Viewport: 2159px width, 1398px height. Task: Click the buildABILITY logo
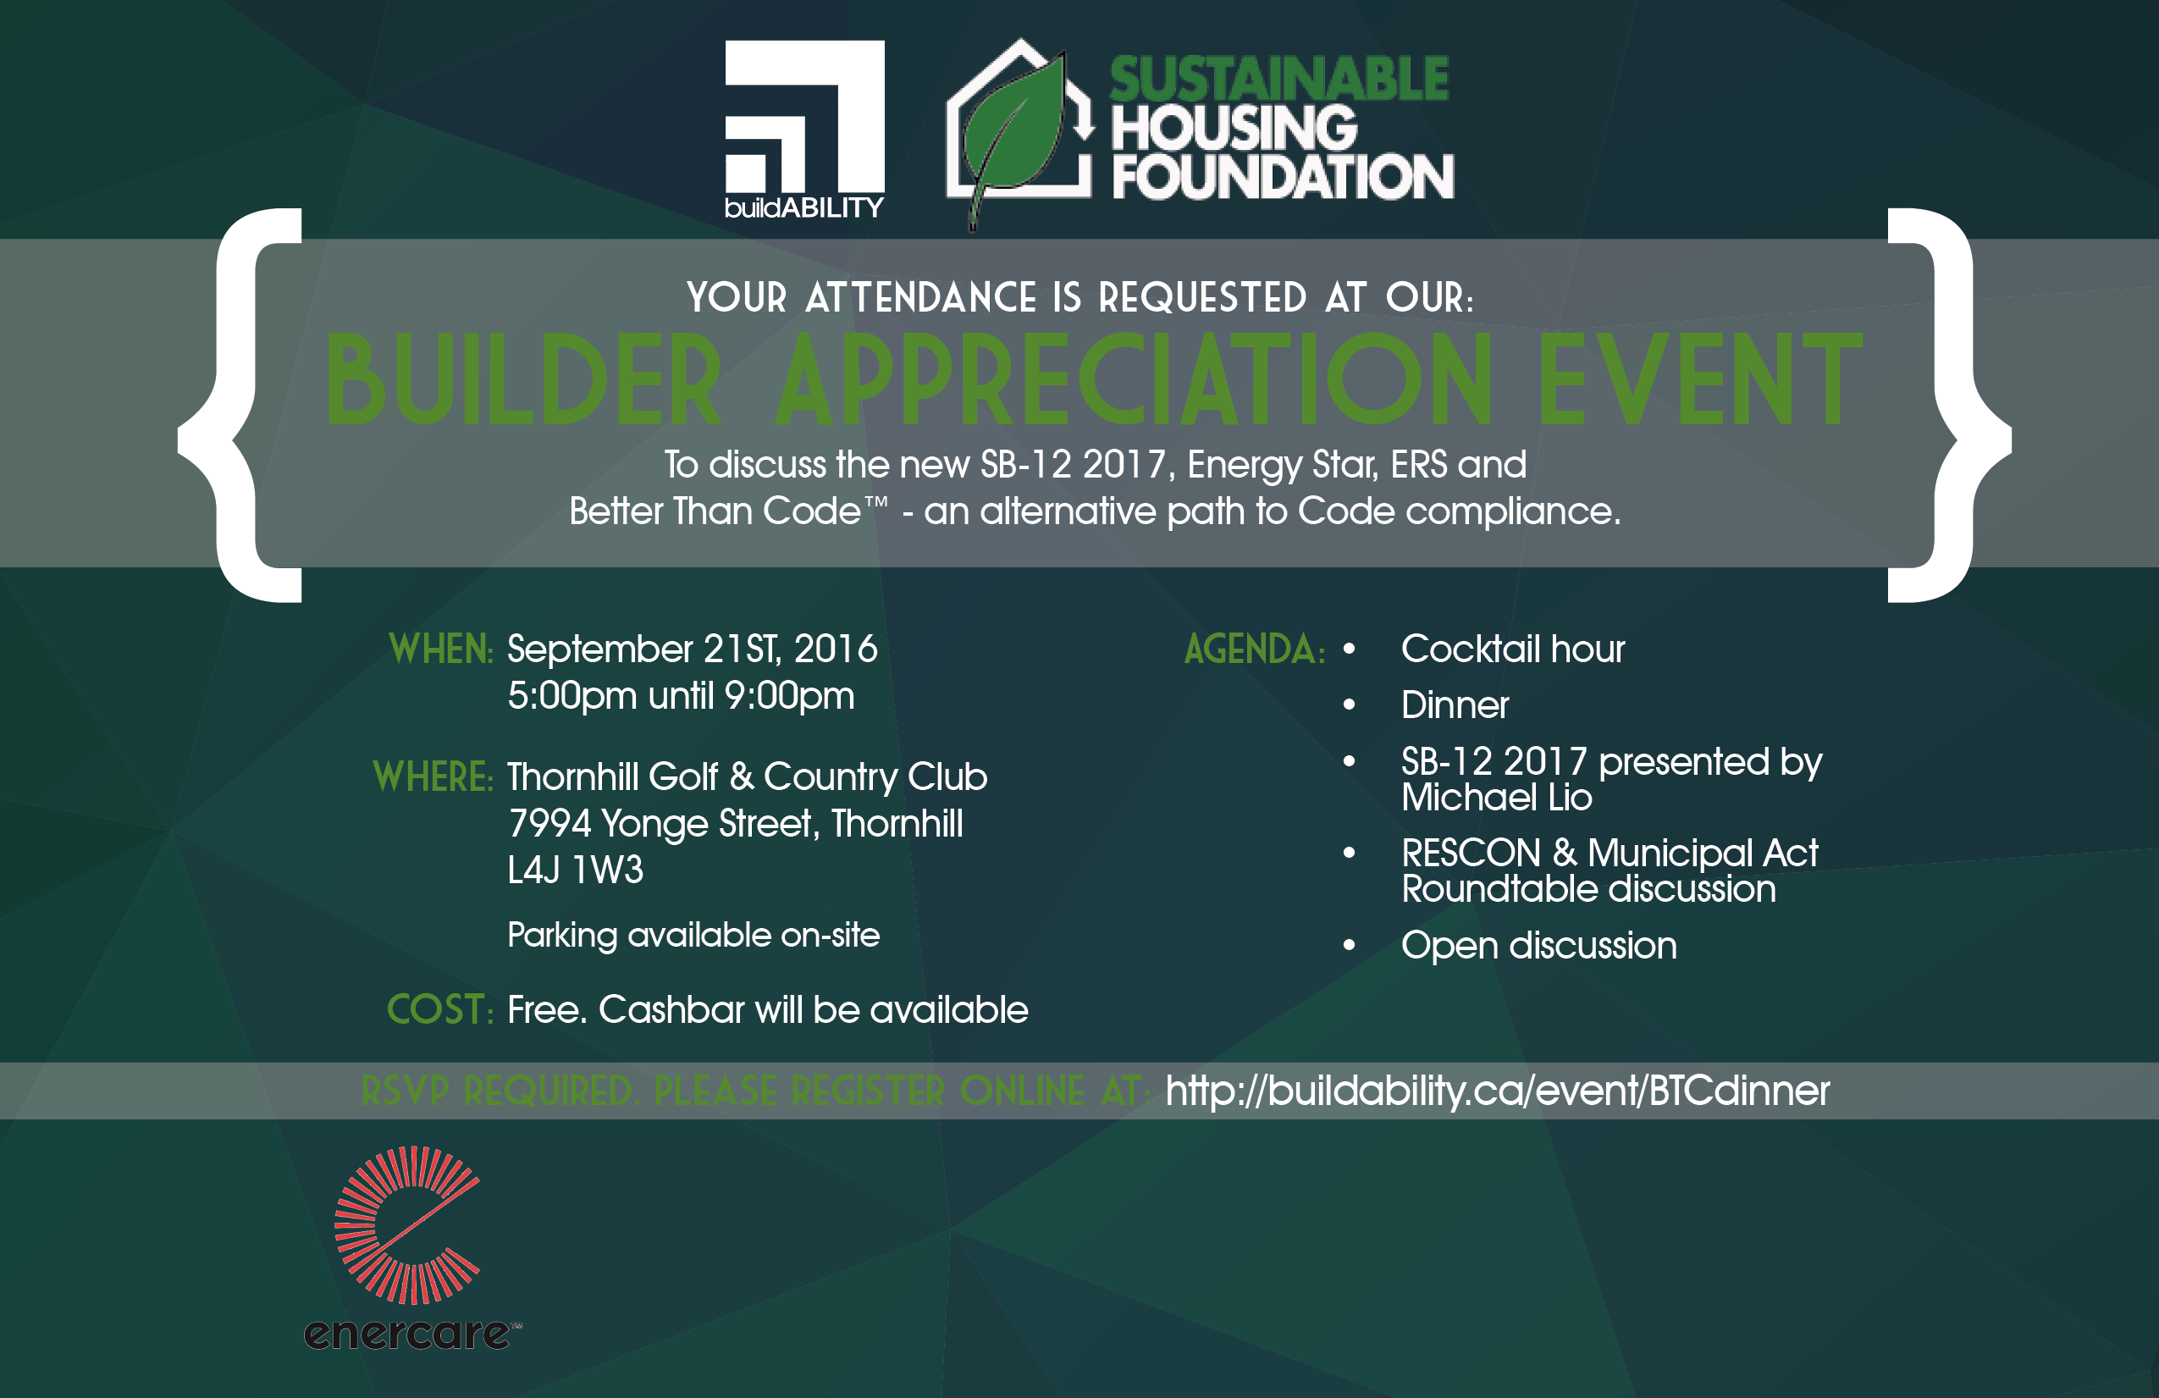point(804,130)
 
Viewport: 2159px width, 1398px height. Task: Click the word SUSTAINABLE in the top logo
point(1280,79)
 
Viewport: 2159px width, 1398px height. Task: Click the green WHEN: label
point(441,649)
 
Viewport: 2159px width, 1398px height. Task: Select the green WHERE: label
point(433,776)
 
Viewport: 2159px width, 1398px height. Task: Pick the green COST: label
point(440,1009)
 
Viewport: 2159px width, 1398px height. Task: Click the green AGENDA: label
point(1255,649)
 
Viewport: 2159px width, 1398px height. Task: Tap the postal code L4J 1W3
point(575,870)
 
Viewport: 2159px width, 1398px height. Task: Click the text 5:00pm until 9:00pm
point(682,697)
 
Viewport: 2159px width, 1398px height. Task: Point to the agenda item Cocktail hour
point(1513,649)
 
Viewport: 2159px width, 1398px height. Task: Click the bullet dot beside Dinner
point(1349,705)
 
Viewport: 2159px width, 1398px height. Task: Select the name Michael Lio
point(1497,798)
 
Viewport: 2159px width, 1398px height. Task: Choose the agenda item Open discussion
point(1539,945)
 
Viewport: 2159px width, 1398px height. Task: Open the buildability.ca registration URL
point(1498,1091)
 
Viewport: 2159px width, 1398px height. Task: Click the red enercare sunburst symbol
point(407,1224)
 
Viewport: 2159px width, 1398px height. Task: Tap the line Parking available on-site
point(694,936)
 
